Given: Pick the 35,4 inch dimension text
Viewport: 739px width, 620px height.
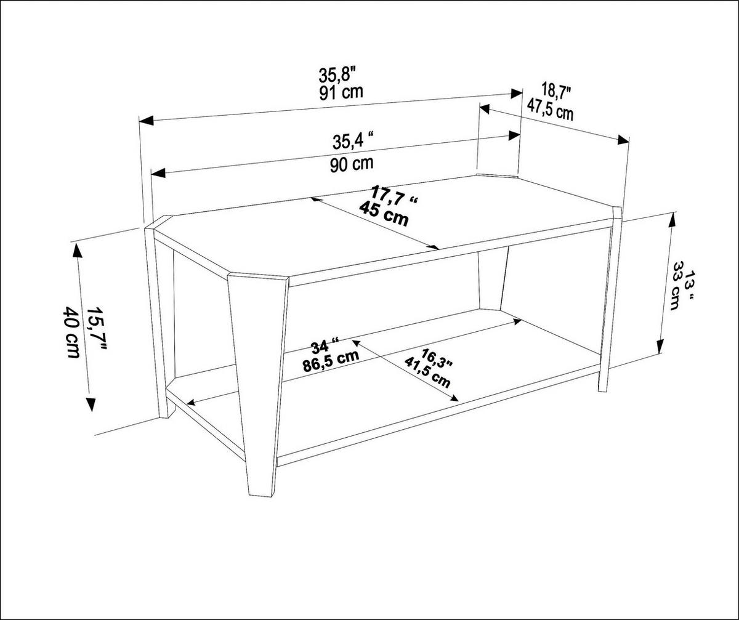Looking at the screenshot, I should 354,142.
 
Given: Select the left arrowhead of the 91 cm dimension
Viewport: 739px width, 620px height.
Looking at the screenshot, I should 145,121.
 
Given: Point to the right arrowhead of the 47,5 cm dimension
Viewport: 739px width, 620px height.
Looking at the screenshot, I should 623,140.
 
